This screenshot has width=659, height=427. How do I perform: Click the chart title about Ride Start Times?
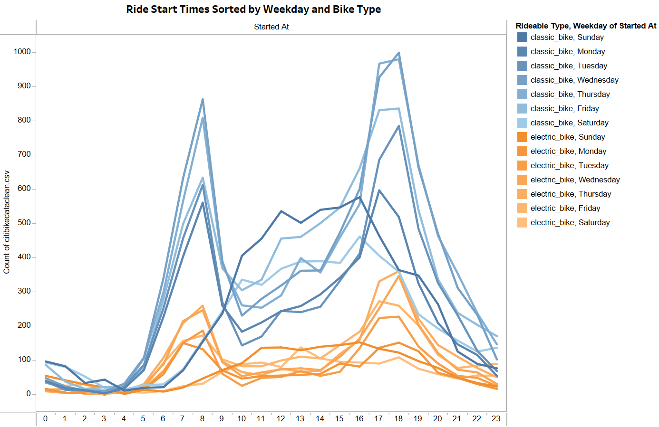pyautogui.click(x=253, y=9)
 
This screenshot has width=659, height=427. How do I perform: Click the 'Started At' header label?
pyautogui.click(x=271, y=27)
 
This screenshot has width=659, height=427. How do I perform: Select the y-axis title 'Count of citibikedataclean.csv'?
pyautogui.click(x=7, y=222)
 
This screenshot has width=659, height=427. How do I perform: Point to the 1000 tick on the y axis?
pyautogui.click(x=22, y=52)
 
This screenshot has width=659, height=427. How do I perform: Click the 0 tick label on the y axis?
pyautogui.click(x=28, y=394)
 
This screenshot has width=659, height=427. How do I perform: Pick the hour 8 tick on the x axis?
pyautogui.click(x=202, y=418)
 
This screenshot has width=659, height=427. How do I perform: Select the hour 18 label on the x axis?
pyautogui.click(x=398, y=418)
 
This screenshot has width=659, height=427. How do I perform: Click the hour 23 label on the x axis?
pyautogui.click(x=496, y=418)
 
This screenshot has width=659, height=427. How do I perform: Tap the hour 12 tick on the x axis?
pyautogui.click(x=281, y=418)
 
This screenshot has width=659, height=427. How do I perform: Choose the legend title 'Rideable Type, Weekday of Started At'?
pyautogui.click(x=586, y=26)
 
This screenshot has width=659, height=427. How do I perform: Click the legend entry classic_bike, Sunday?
pyautogui.click(x=567, y=37)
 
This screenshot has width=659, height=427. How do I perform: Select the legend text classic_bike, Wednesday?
pyautogui.click(x=574, y=80)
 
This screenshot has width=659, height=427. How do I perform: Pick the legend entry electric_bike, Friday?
pyautogui.click(x=565, y=208)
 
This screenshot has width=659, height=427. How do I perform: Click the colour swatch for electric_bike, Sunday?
pyautogui.click(x=522, y=137)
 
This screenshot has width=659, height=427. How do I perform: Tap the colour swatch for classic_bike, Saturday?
pyautogui.click(x=522, y=123)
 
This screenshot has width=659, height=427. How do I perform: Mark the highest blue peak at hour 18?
pyautogui.click(x=398, y=53)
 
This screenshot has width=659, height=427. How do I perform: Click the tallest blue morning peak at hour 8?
pyautogui.click(x=203, y=99)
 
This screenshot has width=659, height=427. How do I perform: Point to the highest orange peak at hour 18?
pyautogui.click(x=398, y=272)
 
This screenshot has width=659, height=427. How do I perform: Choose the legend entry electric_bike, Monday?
pyautogui.click(x=568, y=151)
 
